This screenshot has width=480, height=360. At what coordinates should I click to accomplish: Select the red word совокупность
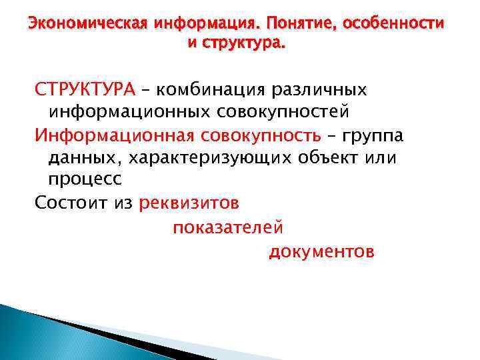tap(265, 136)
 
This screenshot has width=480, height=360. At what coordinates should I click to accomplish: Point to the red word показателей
tap(228, 227)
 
